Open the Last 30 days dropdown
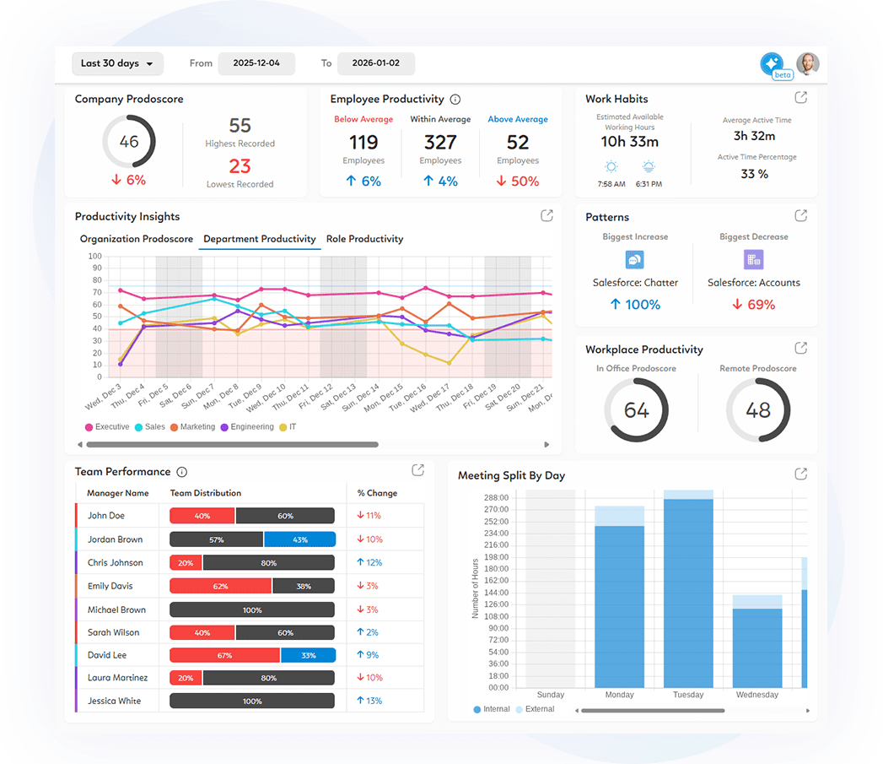[x=117, y=63]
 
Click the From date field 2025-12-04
[x=256, y=63]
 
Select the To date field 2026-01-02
[x=375, y=63]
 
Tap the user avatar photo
[x=807, y=64]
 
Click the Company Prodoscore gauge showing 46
[x=129, y=142]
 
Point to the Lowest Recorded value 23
[x=240, y=166]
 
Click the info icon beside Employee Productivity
[x=455, y=100]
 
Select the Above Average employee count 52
[x=518, y=142]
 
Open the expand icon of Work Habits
[x=800, y=98]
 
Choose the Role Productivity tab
[x=364, y=239]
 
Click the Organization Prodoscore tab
[x=137, y=239]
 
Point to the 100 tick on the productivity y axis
[x=94, y=257]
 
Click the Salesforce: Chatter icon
[x=634, y=260]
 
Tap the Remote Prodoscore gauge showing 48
[x=757, y=410]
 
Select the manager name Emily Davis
[x=110, y=586]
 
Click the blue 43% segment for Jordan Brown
[x=299, y=539]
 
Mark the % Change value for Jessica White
[x=369, y=701]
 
